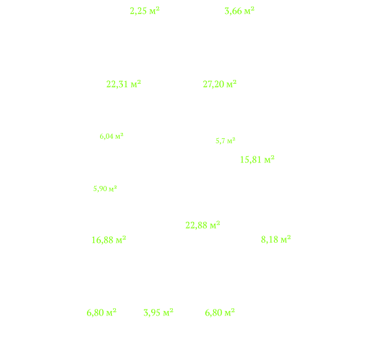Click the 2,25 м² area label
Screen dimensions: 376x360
[145, 11]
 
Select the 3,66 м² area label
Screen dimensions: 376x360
[239, 11]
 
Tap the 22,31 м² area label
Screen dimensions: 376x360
[124, 84]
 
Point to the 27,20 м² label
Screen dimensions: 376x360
[220, 84]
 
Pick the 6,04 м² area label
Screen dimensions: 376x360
[112, 136]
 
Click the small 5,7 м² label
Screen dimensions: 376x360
[226, 141]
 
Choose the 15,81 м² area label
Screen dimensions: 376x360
[257, 160]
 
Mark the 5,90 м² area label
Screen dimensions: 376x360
[105, 189]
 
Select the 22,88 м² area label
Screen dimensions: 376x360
[203, 225]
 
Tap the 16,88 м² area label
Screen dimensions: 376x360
[109, 240]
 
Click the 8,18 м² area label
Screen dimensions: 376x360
[276, 240]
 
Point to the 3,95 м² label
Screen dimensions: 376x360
[158, 313]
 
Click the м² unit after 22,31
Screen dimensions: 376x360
[136, 84]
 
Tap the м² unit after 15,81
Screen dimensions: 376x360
[269, 160]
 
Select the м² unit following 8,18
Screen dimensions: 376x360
[286, 240]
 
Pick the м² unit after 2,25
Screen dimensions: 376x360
[154, 10]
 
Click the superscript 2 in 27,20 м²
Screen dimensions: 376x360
[235, 82]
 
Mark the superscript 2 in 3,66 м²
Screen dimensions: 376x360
[252, 9]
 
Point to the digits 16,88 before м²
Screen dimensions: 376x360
[103, 240]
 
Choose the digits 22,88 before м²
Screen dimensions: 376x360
[196, 226]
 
